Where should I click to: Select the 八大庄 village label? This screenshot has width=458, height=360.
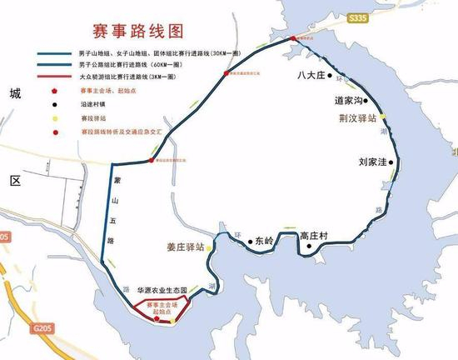pyautogui.click(x=310, y=77)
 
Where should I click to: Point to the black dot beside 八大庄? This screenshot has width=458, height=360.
pyautogui.click(x=331, y=77)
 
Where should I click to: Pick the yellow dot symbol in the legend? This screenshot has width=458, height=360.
pyautogui.click(x=57, y=120)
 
